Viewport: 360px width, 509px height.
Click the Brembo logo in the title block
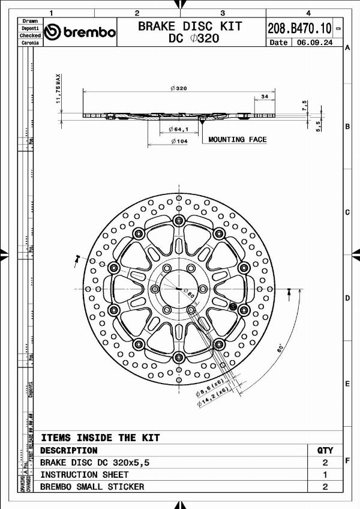(x=80, y=32)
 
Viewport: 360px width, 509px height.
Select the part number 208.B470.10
(x=299, y=28)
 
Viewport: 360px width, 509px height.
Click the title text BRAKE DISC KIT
(x=190, y=26)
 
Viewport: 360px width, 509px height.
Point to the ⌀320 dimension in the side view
(x=179, y=88)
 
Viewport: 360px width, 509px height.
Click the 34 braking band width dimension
(x=265, y=97)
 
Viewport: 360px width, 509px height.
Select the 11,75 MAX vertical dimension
(x=59, y=89)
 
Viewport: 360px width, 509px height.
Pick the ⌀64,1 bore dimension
(x=179, y=129)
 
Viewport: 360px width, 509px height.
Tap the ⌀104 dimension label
(x=179, y=141)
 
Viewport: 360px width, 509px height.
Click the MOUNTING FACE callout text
(x=237, y=139)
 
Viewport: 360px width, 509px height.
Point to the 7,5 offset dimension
(x=305, y=106)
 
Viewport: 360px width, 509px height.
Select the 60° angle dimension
(x=280, y=348)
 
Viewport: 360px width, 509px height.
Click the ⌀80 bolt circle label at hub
(x=187, y=295)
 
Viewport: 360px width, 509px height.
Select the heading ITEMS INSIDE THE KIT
(x=100, y=438)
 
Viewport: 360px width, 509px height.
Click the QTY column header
(x=325, y=450)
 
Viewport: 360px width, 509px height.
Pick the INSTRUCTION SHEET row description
(x=84, y=474)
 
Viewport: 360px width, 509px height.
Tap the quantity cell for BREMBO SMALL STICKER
(x=325, y=487)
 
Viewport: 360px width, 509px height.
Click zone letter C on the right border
(x=347, y=212)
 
